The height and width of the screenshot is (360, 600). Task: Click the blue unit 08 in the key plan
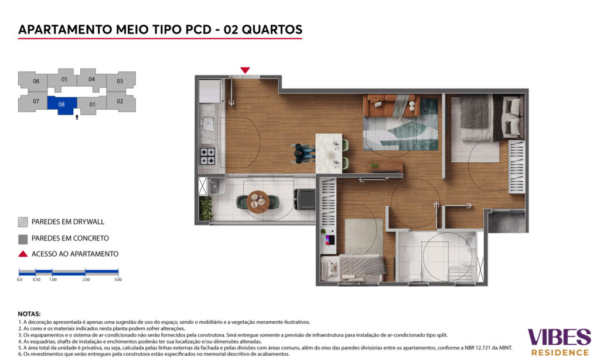pos(62,104)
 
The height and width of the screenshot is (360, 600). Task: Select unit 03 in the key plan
pos(121,81)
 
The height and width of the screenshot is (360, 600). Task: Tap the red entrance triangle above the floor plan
pos(245,70)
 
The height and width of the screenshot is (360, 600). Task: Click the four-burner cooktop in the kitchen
pos(207,157)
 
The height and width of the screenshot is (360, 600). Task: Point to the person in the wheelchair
pos(302,153)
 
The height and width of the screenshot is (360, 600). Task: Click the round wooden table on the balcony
pos(258,202)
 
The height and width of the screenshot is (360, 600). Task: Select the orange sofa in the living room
pos(391,106)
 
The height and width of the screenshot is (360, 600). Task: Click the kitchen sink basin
pos(208,124)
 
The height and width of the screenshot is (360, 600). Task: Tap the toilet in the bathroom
pos(414,270)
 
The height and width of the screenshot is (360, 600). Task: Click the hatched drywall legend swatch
pos(23,222)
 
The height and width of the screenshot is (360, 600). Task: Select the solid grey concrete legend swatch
pos(23,239)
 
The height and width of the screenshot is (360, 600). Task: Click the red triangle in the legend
pos(23,254)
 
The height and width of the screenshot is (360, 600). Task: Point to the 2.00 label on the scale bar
pos(86,280)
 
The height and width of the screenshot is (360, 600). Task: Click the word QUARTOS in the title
pos(272,29)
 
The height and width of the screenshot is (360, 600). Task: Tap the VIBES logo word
pos(559,337)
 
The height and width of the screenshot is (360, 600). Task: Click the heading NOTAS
pos(29,314)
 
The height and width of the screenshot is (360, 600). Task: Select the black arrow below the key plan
pos(77,117)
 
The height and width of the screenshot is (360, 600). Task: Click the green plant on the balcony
pos(206,208)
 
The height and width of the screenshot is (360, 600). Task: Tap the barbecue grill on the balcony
pos(304,199)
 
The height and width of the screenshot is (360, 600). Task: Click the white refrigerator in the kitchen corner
pos(210,91)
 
